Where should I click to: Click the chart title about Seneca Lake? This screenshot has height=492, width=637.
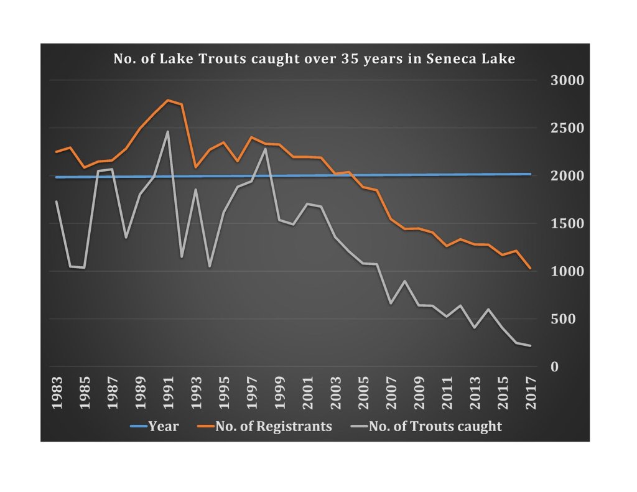point(314,60)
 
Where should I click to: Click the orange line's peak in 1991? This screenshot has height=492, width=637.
point(167,100)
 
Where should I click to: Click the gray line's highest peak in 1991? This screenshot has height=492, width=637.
point(167,131)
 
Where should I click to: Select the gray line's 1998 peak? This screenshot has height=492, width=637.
point(266,149)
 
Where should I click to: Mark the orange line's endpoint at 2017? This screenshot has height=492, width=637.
point(530,269)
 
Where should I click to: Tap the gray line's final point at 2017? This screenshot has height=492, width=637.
point(530,346)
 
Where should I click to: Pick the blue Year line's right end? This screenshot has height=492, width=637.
point(530,174)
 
